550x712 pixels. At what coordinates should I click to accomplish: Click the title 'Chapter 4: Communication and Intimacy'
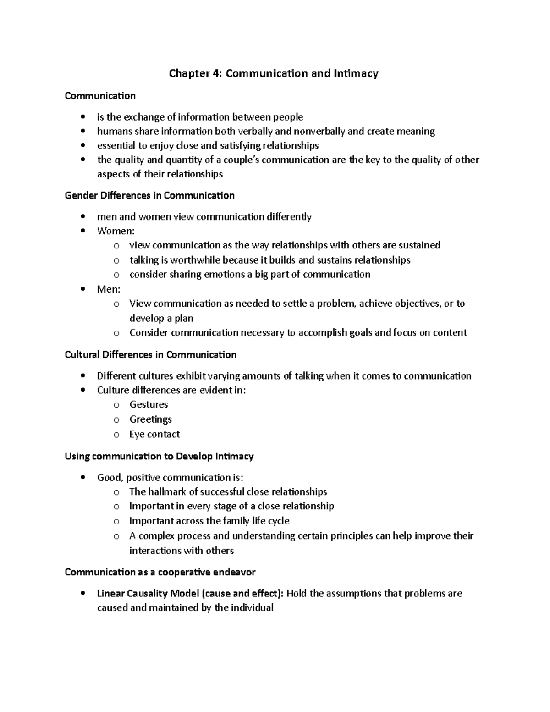click(274, 73)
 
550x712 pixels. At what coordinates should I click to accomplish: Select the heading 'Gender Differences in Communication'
click(149, 195)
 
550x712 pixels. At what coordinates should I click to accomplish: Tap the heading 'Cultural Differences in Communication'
click(150, 354)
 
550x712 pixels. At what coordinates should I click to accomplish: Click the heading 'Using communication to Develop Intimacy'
click(159, 456)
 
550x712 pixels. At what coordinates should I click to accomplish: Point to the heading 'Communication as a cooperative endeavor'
click(160, 572)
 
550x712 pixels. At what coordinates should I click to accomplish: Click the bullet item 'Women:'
click(115, 231)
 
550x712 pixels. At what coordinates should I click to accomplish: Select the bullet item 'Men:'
click(109, 289)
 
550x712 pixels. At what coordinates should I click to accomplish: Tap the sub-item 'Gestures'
click(148, 404)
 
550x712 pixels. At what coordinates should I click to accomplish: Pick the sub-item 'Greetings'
click(150, 419)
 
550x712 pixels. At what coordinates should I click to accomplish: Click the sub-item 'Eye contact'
click(154, 434)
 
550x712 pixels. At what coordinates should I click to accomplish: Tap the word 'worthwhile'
click(196, 260)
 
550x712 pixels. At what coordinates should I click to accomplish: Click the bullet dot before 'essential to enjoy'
click(82, 146)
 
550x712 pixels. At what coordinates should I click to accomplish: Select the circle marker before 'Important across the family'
click(116, 521)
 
